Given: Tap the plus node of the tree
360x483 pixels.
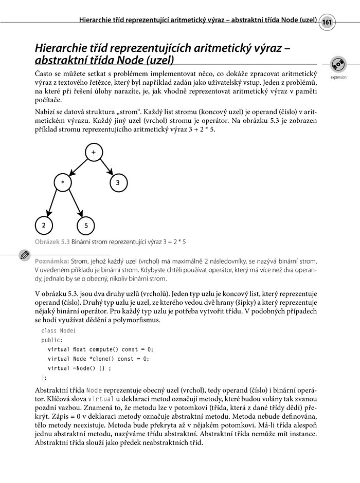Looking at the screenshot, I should tap(93, 153).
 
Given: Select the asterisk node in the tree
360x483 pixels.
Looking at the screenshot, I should tap(62, 182).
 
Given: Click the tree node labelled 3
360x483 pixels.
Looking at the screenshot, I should tap(117, 182).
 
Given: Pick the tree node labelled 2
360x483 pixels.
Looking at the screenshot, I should tap(44, 225).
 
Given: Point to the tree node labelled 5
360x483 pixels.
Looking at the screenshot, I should tap(86, 225).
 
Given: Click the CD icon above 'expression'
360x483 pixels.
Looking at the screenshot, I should tap(338, 65).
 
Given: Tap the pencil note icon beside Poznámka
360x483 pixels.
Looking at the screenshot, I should tap(24, 255).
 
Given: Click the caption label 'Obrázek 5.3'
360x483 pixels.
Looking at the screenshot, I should tap(52, 241).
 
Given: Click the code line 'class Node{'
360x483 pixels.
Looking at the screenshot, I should tap(58, 330).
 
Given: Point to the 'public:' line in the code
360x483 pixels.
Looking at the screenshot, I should tap(51, 340).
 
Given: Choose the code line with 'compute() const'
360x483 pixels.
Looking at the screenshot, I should tap(100, 349).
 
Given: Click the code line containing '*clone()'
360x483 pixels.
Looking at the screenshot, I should tap(98, 359).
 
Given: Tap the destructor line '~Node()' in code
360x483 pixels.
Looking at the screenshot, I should tap(79, 368).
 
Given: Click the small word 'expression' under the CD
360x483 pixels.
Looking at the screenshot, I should tap(338, 78).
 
